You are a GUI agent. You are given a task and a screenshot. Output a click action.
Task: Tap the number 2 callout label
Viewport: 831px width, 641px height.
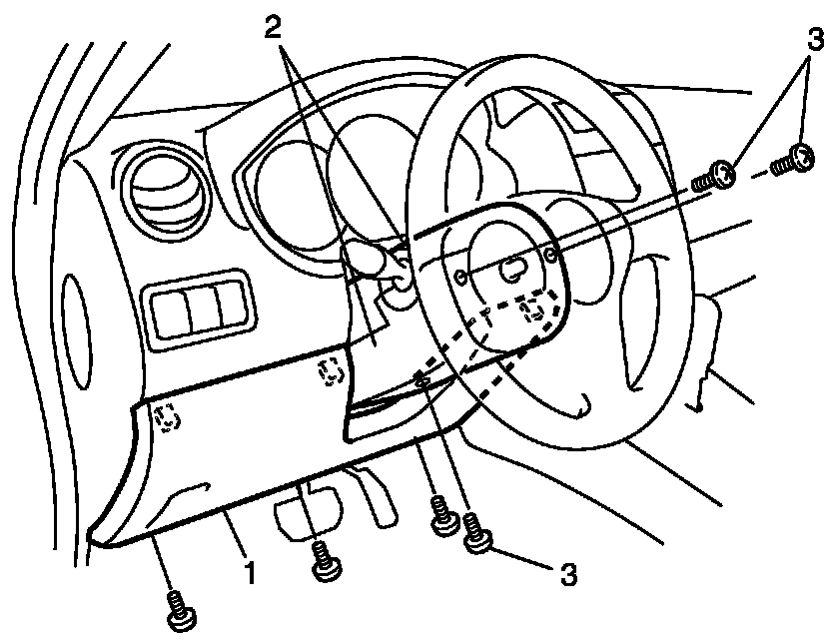(x=276, y=27)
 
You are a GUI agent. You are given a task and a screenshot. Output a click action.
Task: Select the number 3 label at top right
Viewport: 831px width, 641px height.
(x=815, y=40)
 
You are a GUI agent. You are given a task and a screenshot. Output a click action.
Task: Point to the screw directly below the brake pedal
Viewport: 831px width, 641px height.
(x=323, y=562)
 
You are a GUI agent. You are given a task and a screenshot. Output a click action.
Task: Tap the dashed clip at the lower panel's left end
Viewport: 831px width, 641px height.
(x=168, y=416)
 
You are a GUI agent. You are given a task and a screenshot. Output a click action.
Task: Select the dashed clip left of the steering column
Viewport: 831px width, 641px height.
(x=330, y=371)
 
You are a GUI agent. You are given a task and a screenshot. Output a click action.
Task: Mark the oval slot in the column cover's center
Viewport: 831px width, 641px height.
(x=510, y=268)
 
